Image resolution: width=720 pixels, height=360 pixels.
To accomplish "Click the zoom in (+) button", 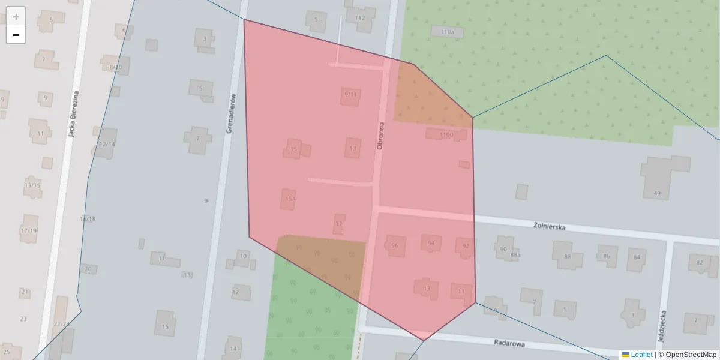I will pyautogui.click(x=16, y=17).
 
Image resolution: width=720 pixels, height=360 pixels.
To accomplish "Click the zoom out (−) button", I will pyautogui.click(x=16, y=35).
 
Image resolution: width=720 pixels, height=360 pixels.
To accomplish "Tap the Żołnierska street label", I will pyautogui.click(x=550, y=226).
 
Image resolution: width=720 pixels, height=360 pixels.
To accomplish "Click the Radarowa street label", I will pyautogui.click(x=509, y=343).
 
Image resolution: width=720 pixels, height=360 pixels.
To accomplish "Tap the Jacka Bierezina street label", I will pyautogui.click(x=74, y=114).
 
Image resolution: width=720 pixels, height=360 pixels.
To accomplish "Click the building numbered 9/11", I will pyautogui.click(x=350, y=95).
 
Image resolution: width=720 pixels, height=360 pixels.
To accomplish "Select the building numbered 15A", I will pyautogui.click(x=289, y=199).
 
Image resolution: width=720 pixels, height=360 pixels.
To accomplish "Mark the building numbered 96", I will pyautogui.click(x=395, y=245).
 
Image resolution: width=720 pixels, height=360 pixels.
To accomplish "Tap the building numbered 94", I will pyautogui.click(x=431, y=243).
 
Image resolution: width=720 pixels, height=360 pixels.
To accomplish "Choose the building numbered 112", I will pyautogui.click(x=360, y=18).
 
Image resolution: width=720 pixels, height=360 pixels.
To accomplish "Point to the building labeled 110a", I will pyautogui.click(x=448, y=32).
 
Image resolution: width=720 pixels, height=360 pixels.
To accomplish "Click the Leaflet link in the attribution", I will pyautogui.click(x=641, y=355).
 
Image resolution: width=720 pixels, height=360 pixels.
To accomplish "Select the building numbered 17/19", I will pyautogui.click(x=28, y=230).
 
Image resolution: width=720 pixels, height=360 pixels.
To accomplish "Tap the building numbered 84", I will pyautogui.click(x=636, y=259).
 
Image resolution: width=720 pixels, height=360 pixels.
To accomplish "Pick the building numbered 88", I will pyautogui.click(x=567, y=257).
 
